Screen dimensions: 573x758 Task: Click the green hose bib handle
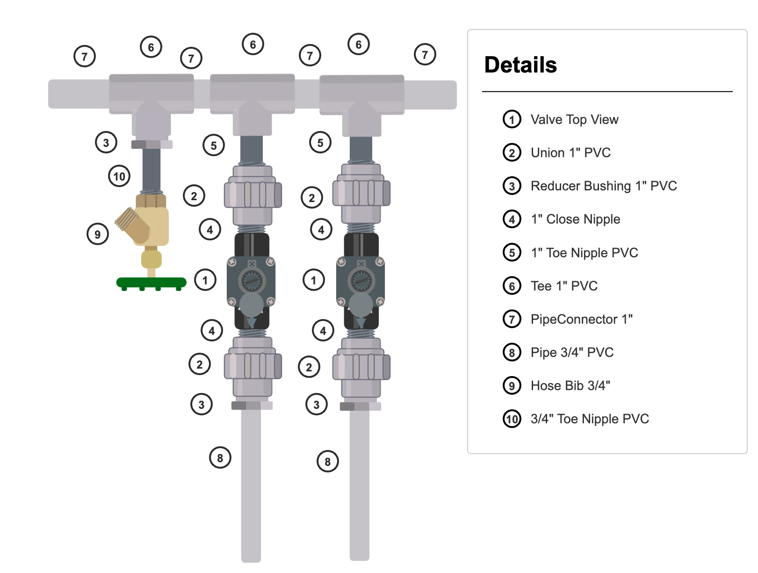(x=151, y=283)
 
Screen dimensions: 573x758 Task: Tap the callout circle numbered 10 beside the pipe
(x=119, y=176)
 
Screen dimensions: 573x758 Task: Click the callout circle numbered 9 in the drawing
(x=98, y=234)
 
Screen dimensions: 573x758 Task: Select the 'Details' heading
(x=520, y=65)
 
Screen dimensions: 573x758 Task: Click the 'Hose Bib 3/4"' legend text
(x=570, y=386)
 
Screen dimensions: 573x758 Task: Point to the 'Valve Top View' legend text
(x=574, y=120)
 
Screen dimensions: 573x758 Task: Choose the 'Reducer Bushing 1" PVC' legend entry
(x=603, y=186)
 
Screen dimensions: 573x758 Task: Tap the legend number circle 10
(x=512, y=419)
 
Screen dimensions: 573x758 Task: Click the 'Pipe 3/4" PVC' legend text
(x=572, y=353)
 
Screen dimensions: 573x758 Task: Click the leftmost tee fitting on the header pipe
(x=152, y=94)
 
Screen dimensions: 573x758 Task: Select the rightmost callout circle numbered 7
(x=425, y=55)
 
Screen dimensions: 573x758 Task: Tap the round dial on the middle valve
(x=252, y=282)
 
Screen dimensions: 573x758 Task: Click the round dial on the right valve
(x=361, y=282)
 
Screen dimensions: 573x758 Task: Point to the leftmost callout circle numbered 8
(x=220, y=458)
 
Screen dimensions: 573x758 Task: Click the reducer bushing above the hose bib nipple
(x=152, y=145)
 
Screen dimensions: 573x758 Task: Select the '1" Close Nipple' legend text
(x=575, y=219)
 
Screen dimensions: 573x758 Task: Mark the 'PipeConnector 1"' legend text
(x=581, y=319)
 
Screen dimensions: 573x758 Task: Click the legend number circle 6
(x=512, y=286)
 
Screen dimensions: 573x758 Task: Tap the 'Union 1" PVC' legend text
(x=570, y=153)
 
